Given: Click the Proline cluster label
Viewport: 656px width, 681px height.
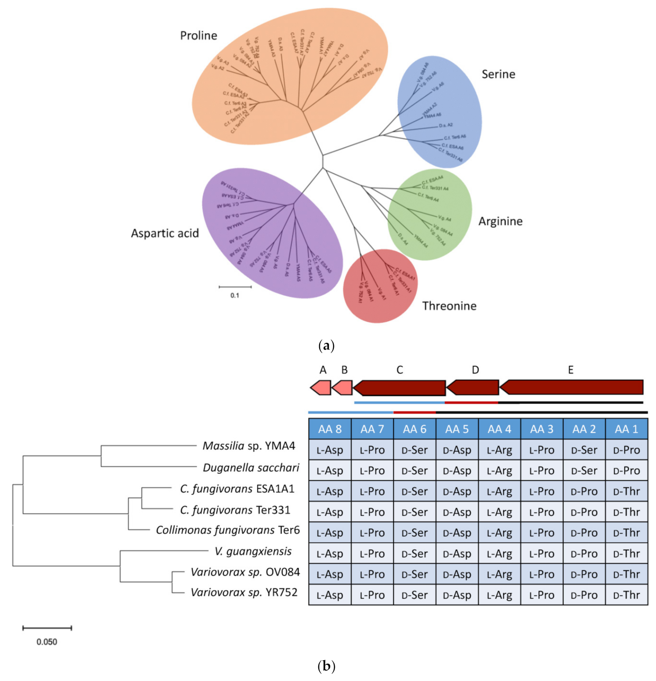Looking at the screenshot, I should tap(198, 36).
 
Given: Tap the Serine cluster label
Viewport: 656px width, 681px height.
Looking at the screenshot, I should tap(498, 74).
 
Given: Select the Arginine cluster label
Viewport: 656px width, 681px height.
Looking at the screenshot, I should tap(500, 221).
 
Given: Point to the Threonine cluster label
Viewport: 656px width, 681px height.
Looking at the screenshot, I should tap(449, 306).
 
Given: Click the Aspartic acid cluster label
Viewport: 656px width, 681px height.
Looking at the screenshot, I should tap(165, 233).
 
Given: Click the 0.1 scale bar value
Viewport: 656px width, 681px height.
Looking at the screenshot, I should tap(235, 295).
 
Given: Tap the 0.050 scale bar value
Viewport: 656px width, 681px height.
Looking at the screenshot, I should tap(47, 642).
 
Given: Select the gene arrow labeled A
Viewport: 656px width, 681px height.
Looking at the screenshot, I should tap(321, 388).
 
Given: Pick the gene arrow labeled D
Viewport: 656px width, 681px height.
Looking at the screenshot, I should tap(473, 388).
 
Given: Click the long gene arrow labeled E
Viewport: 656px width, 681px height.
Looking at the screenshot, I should tap(571, 387).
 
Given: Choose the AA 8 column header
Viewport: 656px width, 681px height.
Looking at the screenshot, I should tap(330, 429).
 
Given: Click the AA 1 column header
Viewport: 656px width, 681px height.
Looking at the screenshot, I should tap(626, 429).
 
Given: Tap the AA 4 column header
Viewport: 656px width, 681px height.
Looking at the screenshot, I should tap(499, 429).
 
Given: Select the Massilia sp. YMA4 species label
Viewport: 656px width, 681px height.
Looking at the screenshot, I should tap(249, 446).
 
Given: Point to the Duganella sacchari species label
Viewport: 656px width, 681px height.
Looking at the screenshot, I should tap(251, 468).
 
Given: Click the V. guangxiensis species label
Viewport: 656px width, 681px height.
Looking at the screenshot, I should tap(253, 551).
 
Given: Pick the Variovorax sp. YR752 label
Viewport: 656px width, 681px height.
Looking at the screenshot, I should tap(244, 593).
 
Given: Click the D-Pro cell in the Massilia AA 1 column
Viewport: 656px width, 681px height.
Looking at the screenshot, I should tap(626, 450).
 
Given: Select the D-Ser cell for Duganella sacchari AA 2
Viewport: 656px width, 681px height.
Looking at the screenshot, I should tap(584, 471).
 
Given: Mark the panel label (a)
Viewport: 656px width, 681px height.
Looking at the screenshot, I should tap(326, 346).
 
